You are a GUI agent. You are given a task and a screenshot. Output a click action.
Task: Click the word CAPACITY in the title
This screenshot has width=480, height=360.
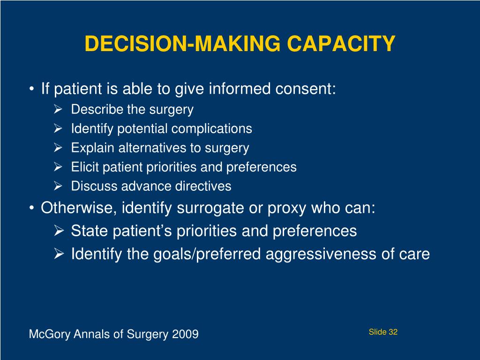341,44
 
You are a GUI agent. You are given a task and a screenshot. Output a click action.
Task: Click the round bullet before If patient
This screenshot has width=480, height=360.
31,89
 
